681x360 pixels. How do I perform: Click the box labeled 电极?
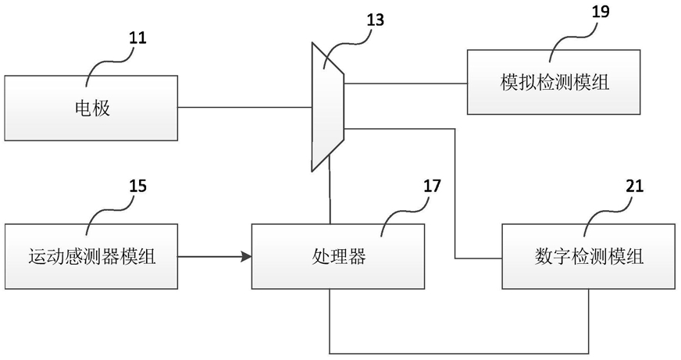coord(91,108)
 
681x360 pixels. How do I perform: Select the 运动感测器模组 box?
coord(91,256)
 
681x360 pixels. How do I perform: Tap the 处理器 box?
coord(338,256)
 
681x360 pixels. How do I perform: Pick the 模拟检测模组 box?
coord(554,82)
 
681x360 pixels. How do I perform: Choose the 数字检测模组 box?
coord(589,256)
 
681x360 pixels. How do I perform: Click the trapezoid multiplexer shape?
coord(328,107)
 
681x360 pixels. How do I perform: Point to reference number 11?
coord(137,37)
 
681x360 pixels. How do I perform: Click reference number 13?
coord(375,20)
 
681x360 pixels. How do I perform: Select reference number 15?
coord(137,186)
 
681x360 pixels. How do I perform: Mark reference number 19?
coord(601,12)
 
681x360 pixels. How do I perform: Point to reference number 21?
coord(634,186)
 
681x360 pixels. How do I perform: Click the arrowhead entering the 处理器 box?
coord(247,257)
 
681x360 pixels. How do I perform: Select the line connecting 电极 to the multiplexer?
coord(245,107)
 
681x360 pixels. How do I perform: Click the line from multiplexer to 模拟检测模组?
coord(405,83)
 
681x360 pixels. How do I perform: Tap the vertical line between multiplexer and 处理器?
coord(330,189)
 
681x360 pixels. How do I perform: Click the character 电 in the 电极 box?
coord(83,108)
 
